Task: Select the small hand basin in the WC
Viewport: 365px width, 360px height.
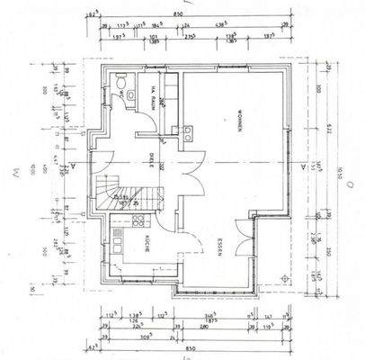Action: coord(131,93)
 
